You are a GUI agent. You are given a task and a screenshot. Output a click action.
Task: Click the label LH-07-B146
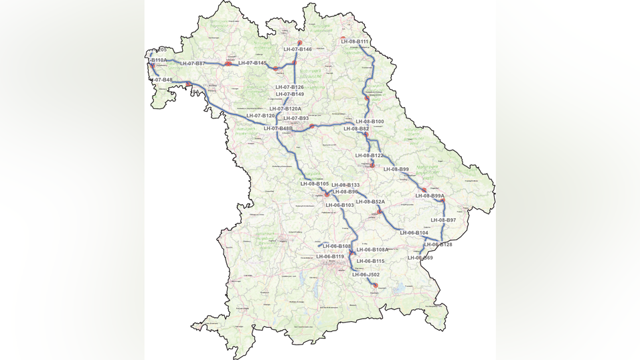point(297,50)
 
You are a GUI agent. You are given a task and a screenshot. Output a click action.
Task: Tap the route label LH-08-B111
point(355,41)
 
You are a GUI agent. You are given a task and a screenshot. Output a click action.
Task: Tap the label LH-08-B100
point(370,122)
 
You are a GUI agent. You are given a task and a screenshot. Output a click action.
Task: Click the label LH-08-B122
point(369,155)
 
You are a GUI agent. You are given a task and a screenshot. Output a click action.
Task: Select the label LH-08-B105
point(314,183)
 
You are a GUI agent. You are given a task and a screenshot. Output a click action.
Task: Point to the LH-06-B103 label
point(339,205)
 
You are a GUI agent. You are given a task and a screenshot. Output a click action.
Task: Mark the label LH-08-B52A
point(370,201)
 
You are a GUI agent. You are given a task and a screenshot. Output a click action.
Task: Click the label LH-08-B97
point(443,220)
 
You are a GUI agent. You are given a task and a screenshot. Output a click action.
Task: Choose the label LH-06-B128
point(438,245)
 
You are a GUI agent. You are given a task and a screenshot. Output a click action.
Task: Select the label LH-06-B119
point(330,256)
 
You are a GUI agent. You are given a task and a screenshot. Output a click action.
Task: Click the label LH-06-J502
point(366,274)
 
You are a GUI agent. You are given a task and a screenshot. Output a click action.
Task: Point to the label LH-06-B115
point(370,261)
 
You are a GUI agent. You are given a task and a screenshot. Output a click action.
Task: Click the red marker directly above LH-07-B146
point(300,42)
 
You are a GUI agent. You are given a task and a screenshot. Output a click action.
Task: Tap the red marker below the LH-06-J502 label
point(375,286)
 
